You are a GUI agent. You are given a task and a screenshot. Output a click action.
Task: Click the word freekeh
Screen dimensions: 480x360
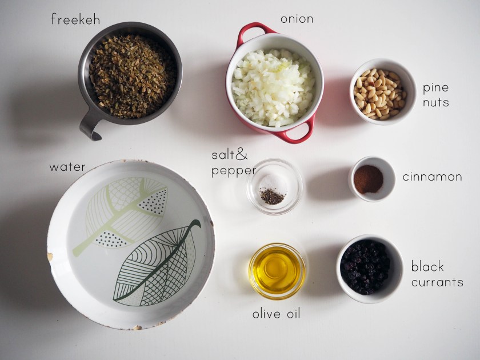[75, 19]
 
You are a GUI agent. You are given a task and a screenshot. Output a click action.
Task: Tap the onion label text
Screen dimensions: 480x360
[297, 19]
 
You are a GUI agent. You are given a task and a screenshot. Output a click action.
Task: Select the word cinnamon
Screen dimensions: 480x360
[432, 177]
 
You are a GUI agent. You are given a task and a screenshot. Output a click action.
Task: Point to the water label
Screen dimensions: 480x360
[67, 167]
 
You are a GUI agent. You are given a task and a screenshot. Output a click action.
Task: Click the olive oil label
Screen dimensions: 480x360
[277, 314]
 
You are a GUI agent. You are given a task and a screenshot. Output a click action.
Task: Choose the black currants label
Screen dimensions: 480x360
[437, 274]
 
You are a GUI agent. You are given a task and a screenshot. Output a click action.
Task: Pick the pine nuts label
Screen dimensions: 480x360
[436, 95]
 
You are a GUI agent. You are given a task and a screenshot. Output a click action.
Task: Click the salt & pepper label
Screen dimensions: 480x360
[233, 163]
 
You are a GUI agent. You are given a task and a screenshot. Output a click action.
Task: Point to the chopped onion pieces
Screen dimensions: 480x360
[273, 87]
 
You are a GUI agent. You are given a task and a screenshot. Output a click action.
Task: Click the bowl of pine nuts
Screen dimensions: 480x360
[383, 91]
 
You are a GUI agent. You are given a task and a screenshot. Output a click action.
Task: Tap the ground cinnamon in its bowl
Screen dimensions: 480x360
[369, 179]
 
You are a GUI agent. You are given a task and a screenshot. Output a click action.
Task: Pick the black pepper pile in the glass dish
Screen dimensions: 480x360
[272, 197]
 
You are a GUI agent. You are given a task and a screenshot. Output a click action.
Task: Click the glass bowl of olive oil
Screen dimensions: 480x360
[277, 271]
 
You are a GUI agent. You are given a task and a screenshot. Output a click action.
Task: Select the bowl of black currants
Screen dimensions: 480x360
[370, 269]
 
